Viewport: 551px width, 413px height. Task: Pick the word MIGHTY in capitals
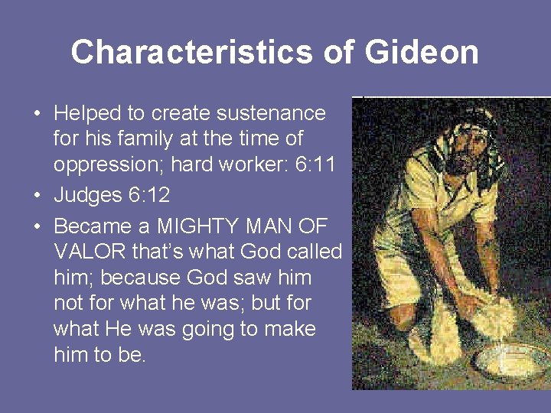coord(194,227)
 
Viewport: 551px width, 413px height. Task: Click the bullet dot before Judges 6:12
coord(37,196)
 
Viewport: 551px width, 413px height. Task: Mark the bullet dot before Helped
coord(37,114)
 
